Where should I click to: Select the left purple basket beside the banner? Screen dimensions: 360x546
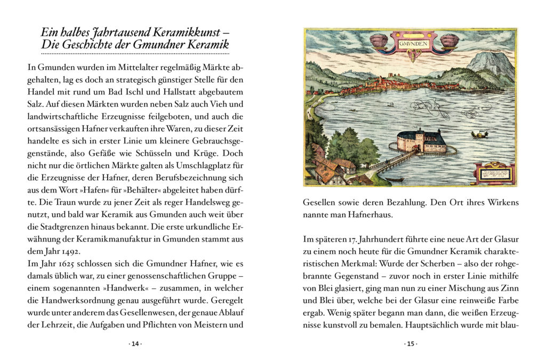[379, 40]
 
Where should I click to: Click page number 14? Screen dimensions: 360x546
[135, 344]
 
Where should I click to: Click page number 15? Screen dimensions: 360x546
[410, 344]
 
